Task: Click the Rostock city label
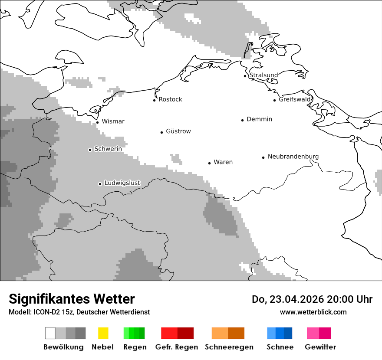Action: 170,99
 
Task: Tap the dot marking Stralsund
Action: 245,76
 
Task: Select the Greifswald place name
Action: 295,99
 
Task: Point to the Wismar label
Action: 113,121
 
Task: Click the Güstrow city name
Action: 178,131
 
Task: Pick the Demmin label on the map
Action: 259,119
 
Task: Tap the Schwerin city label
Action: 108,149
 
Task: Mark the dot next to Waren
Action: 209,163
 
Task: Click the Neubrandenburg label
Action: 293,157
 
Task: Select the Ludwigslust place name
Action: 122,183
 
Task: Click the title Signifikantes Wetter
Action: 72,299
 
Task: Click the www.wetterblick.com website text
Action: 313,312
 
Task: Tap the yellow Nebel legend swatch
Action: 103,333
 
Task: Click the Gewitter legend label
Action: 320,347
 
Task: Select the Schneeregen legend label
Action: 229,347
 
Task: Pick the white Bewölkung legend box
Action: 50,333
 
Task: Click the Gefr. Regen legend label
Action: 176,347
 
